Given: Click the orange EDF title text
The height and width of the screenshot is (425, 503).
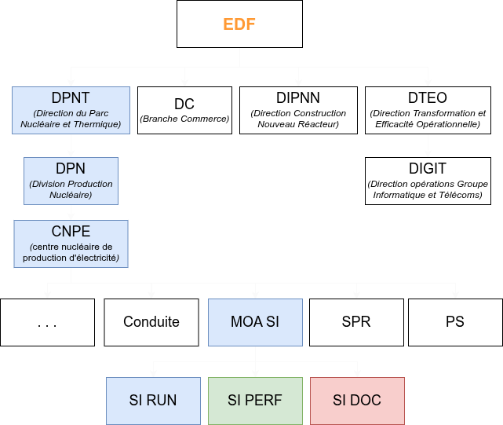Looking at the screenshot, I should click(x=239, y=24).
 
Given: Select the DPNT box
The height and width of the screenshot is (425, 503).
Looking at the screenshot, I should click(x=71, y=110).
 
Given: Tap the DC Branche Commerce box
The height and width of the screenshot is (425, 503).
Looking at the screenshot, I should click(x=184, y=110).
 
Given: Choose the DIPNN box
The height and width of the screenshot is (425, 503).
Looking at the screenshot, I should click(x=298, y=110).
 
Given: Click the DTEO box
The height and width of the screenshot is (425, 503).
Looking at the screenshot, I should click(x=428, y=110).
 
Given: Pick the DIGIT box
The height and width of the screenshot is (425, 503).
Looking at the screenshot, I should click(x=428, y=181).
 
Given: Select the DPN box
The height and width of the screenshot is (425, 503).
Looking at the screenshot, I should click(x=71, y=181).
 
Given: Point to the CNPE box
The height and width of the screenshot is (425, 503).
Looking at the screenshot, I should click(x=71, y=244).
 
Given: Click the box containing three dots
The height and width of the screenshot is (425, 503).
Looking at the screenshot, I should click(x=47, y=322).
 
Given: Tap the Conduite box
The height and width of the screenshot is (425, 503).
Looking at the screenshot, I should click(x=151, y=322).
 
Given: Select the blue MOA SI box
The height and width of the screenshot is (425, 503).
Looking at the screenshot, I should click(x=255, y=322).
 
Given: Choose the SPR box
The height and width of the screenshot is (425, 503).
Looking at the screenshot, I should click(x=356, y=322).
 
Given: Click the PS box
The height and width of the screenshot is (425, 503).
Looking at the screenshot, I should click(x=454, y=322).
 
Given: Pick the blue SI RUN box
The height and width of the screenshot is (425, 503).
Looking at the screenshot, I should click(x=153, y=401).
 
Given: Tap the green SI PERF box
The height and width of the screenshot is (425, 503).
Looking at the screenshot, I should click(x=255, y=401).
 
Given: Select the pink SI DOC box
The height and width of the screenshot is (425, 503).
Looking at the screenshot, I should click(x=357, y=401).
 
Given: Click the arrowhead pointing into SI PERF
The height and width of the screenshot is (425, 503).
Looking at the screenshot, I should click(x=255, y=373).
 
